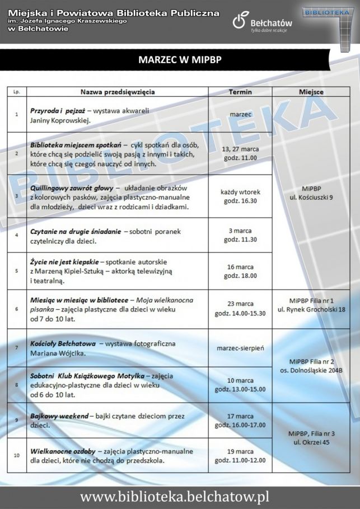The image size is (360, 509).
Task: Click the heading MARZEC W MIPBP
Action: [x=180, y=60]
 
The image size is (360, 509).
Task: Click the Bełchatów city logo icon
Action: [x=239, y=22]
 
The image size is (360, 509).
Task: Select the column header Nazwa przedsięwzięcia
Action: [x=118, y=92]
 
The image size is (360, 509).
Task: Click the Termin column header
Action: [x=240, y=92]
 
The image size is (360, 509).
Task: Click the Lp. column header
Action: [x=16, y=92]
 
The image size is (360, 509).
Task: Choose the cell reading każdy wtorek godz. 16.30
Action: [x=240, y=196]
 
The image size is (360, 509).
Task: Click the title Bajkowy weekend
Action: [x=59, y=416]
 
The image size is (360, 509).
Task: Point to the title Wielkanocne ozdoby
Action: [x=62, y=451]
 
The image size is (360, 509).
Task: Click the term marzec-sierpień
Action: [x=240, y=348]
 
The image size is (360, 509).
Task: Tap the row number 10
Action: [x=16, y=455]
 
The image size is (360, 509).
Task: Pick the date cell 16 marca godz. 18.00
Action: [x=240, y=271]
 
